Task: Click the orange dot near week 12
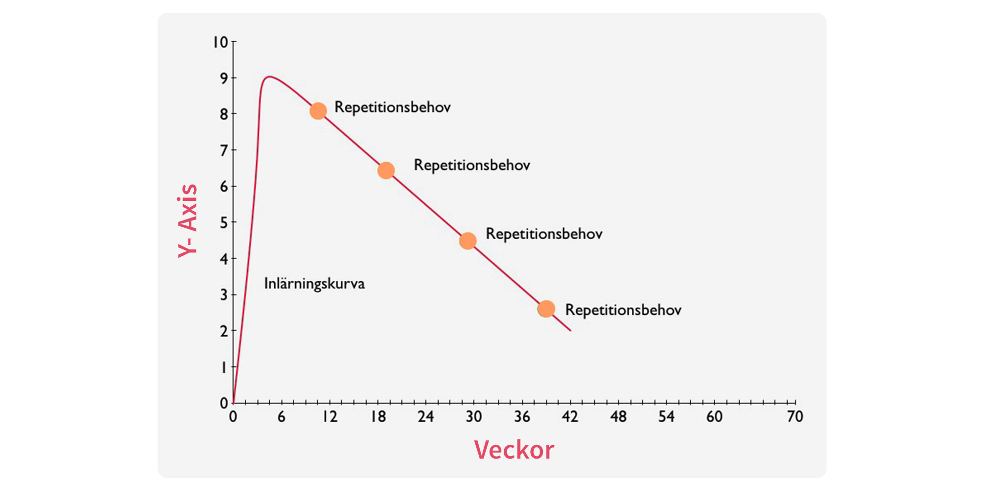click(318, 111)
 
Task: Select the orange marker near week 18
click(386, 170)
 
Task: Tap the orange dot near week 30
click(467, 241)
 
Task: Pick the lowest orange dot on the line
click(546, 309)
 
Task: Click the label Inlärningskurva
click(314, 284)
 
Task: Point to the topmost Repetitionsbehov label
click(392, 108)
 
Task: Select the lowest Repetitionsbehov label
click(623, 310)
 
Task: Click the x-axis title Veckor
click(514, 450)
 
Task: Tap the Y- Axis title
click(188, 221)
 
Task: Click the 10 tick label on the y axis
click(220, 42)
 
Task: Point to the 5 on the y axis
click(224, 222)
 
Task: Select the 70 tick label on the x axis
click(795, 417)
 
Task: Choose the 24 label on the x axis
click(426, 417)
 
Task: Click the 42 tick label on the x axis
click(570, 417)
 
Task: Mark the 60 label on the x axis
click(714, 417)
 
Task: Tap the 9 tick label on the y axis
click(224, 78)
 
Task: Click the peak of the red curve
click(268, 77)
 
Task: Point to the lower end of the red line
click(570, 330)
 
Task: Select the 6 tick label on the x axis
click(281, 417)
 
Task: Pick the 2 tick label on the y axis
click(224, 331)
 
